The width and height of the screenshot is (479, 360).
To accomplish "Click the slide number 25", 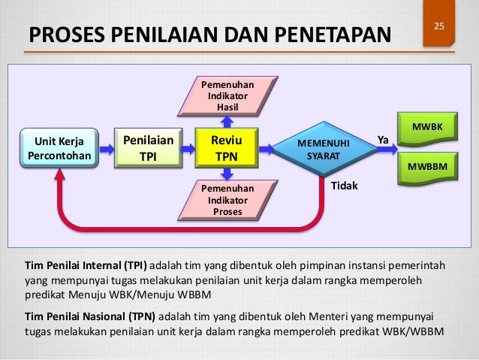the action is point(441,28).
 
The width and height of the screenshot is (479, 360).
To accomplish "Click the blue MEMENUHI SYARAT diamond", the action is point(324,149).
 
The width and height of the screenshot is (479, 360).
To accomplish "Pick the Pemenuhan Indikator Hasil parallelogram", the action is point(226,95).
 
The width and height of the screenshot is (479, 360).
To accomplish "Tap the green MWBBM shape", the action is point(427,166).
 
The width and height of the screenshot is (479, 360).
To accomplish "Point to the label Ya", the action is point(382,140).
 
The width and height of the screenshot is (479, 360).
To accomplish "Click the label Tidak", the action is point(345,184).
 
